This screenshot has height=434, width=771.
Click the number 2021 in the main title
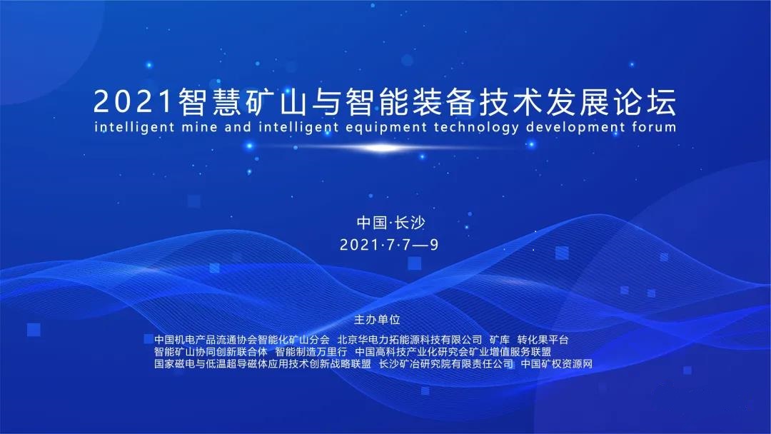coord(133,102)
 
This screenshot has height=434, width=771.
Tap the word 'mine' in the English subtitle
coord(199,127)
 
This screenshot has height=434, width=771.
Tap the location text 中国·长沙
coord(390,223)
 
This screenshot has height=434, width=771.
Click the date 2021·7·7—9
coord(389,244)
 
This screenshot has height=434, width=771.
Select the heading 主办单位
coord(377,320)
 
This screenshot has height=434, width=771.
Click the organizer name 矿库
coord(500,340)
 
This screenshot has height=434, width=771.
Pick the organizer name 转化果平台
coord(543,340)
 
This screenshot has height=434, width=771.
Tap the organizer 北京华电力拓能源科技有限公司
coord(410,340)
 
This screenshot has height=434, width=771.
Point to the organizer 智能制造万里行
coord(311,352)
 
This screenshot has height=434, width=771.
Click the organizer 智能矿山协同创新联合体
coord(211,352)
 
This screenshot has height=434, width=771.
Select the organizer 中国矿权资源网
coord(557,364)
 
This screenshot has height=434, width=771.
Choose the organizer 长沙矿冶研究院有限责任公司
coord(446,364)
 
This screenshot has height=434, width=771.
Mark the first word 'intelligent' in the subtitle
coord(134,127)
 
